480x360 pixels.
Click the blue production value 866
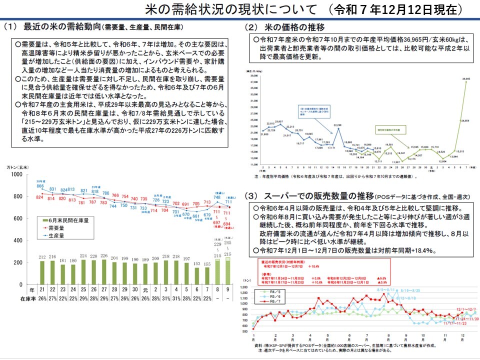pyautogui.click(x=40, y=186)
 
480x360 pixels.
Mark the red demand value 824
pyautogui.click(x=40, y=198)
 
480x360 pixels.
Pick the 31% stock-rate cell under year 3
pyautogui.click(x=165, y=298)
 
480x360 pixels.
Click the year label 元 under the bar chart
pyautogui.click(x=145, y=290)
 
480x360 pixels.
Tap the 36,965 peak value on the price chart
pyautogui.click(x=466, y=78)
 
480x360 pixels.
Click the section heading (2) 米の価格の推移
pyautogui.click(x=285, y=26)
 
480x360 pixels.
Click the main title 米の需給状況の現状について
pyautogui.click(x=230, y=9)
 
